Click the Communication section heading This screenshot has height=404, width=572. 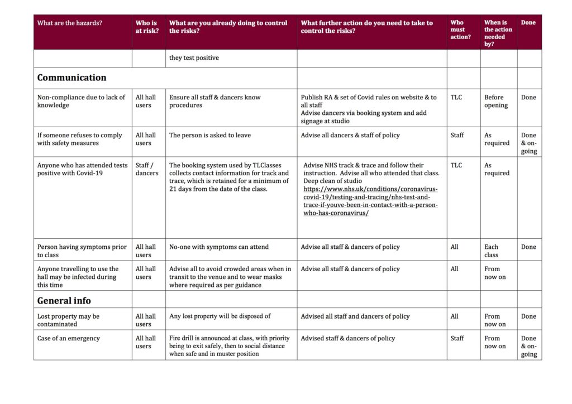(x=71, y=78)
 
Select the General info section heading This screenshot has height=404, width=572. (x=64, y=301)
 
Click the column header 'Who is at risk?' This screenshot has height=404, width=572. (x=147, y=27)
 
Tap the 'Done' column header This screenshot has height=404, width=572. (x=528, y=23)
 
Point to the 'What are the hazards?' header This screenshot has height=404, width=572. (x=70, y=23)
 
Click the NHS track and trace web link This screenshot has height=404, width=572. (x=370, y=201)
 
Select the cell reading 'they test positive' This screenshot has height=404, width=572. (x=194, y=58)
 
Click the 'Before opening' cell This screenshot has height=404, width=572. (x=495, y=101)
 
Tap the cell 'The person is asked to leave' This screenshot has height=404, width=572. (x=210, y=135)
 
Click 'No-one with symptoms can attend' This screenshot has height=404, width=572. (x=219, y=247)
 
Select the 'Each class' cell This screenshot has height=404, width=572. (x=492, y=251)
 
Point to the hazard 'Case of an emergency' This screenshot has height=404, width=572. (x=69, y=338)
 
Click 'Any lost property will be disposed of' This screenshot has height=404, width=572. (x=220, y=316)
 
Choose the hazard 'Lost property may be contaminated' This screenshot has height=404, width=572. (x=68, y=320)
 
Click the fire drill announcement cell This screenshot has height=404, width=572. (x=229, y=345)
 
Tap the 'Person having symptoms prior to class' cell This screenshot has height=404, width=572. (x=82, y=251)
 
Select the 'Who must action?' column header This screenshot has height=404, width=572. (x=461, y=30)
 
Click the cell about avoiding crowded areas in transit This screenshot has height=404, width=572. (x=230, y=277)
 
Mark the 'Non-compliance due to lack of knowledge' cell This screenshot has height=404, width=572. (x=81, y=101)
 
